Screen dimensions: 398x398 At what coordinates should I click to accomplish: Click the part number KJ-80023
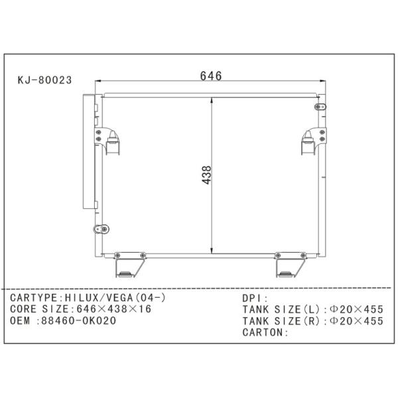(44, 80)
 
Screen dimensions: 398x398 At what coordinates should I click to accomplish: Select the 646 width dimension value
(211, 76)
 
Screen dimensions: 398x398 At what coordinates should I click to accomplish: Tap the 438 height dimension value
(206, 175)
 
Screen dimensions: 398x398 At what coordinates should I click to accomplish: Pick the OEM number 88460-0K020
(79, 320)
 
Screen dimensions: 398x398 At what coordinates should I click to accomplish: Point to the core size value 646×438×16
(114, 309)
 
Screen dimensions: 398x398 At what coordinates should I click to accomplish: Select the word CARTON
(263, 332)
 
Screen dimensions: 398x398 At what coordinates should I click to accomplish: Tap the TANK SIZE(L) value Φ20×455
(356, 309)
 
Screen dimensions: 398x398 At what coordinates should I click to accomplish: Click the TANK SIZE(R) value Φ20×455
(356, 321)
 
